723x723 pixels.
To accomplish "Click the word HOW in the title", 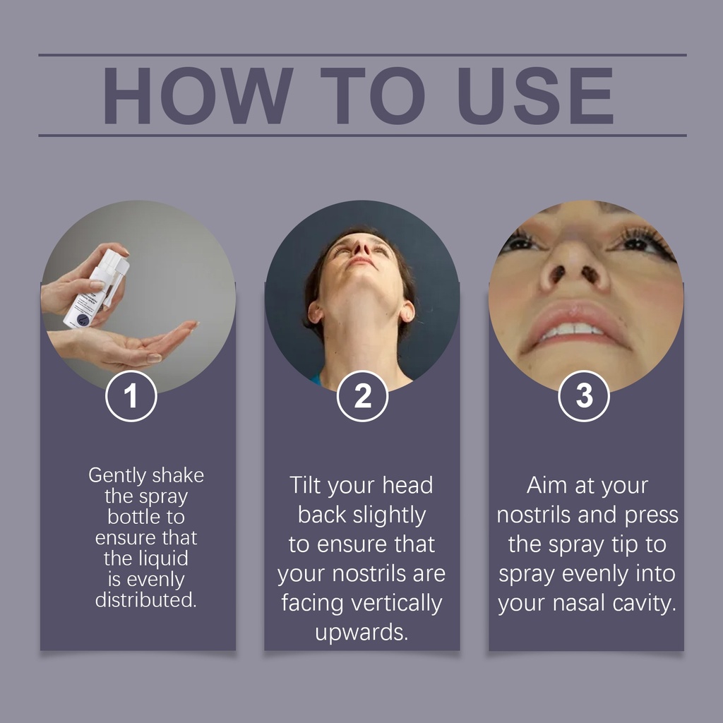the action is coord(198,95).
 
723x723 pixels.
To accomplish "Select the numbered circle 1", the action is coord(131,395).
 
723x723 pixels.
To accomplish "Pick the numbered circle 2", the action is coord(362,395).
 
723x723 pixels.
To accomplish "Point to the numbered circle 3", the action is coord(584,395).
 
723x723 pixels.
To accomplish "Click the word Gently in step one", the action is coord(116,476).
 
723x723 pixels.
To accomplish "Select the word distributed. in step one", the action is coord(145,600).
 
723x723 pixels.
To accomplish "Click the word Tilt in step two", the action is coord(305,485).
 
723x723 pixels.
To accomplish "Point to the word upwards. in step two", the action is coord(361,633).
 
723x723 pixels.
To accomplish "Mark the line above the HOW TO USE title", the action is coord(362,55).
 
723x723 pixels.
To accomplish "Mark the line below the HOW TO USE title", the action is coord(362,136).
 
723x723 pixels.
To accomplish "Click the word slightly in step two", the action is coord(389,515).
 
